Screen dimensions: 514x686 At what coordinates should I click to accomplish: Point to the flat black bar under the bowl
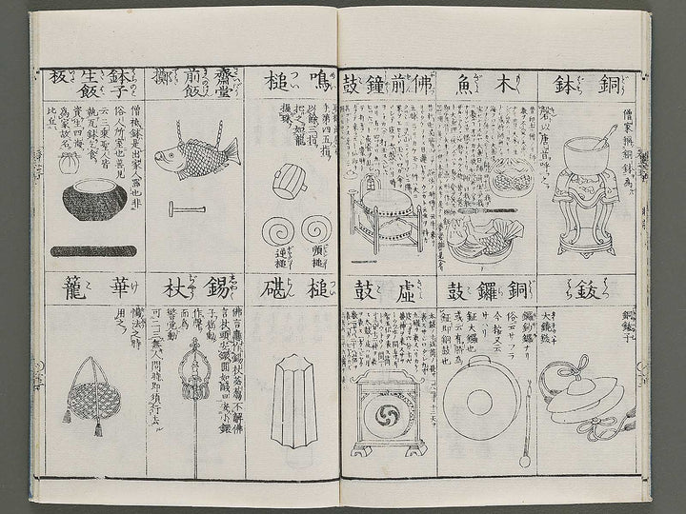92,252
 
